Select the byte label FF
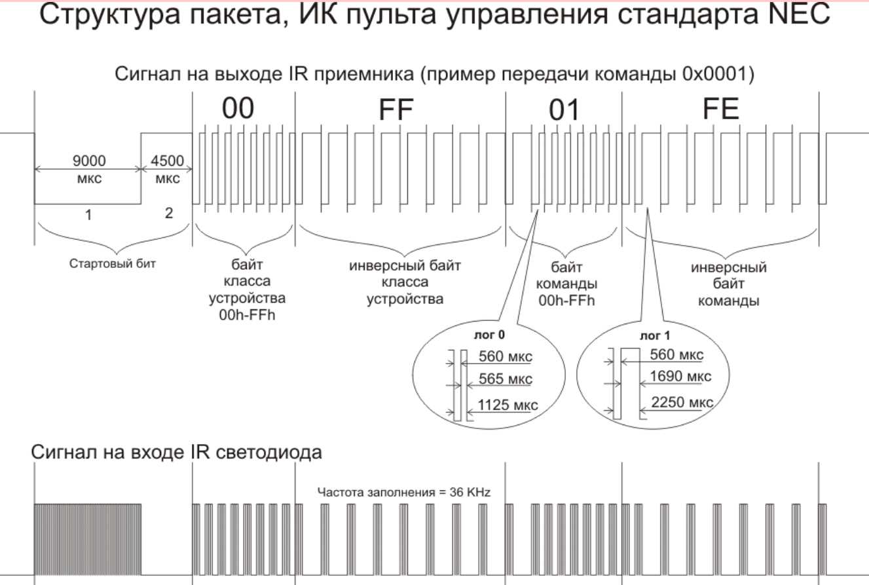398,111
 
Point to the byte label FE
721,110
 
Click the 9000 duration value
87,160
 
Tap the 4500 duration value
167,160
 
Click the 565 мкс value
505,379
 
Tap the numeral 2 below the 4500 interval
168,214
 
